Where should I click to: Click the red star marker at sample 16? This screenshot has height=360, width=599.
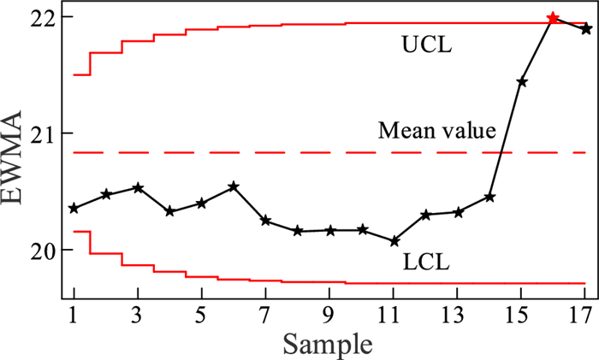[x=553, y=17]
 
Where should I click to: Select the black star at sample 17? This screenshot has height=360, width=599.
[x=585, y=28]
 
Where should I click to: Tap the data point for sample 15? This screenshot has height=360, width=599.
[x=521, y=81]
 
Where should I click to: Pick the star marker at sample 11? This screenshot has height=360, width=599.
[x=394, y=241]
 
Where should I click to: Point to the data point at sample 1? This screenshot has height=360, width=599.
[x=74, y=208]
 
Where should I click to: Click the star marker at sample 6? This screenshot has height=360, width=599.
[x=234, y=186]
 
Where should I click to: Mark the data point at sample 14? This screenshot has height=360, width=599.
[x=489, y=197]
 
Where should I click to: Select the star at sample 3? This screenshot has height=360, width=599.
[x=138, y=187]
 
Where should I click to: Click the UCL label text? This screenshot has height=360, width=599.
[x=427, y=43]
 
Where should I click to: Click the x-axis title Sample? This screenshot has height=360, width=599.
[x=329, y=344]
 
